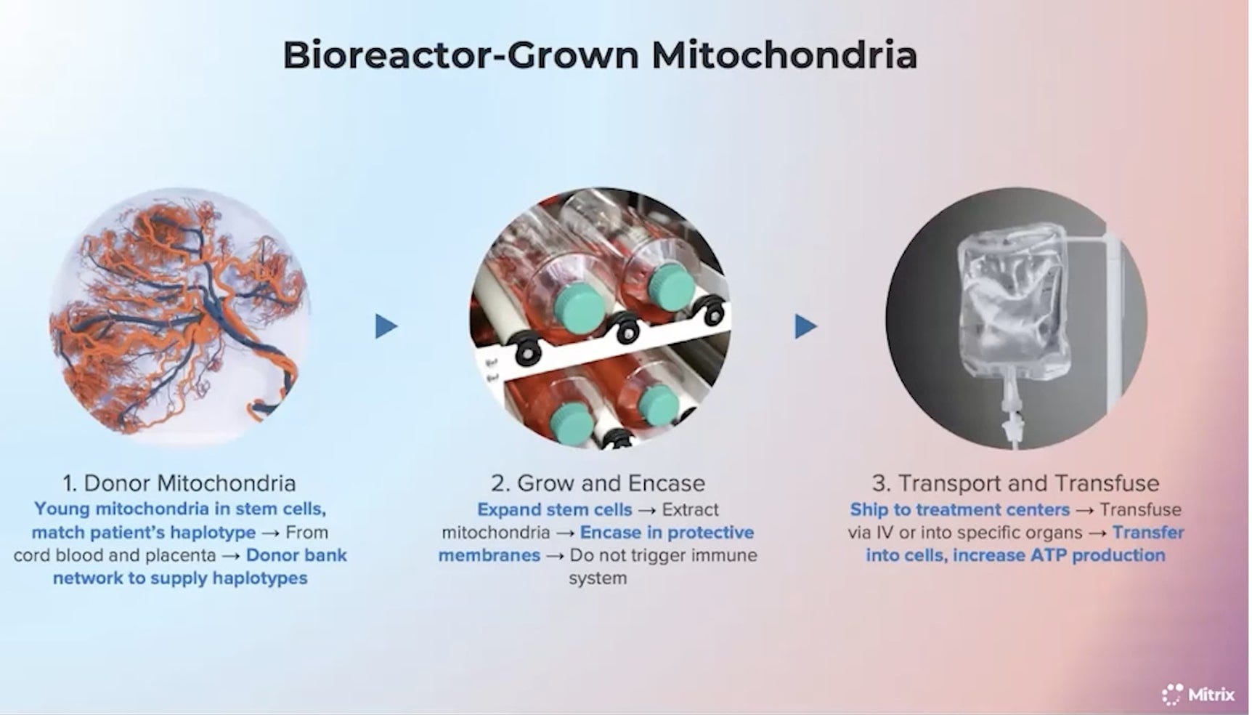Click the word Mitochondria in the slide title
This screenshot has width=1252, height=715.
(x=784, y=55)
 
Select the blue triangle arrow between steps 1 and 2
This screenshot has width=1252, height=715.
(x=386, y=326)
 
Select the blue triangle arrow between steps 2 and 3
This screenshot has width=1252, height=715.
(x=805, y=326)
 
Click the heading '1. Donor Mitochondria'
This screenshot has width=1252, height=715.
(x=179, y=483)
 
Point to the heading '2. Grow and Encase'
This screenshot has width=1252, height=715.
(x=598, y=483)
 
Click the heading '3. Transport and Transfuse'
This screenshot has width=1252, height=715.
(x=1015, y=483)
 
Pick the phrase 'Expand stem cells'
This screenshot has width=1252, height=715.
(x=554, y=509)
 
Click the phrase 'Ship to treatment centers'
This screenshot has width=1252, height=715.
(x=959, y=509)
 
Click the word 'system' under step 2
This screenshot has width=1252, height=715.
(x=598, y=578)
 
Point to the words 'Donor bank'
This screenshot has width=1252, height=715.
(x=296, y=555)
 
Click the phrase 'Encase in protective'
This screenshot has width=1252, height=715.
(x=667, y=533)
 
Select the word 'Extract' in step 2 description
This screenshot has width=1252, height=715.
(x=690, y=509)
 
